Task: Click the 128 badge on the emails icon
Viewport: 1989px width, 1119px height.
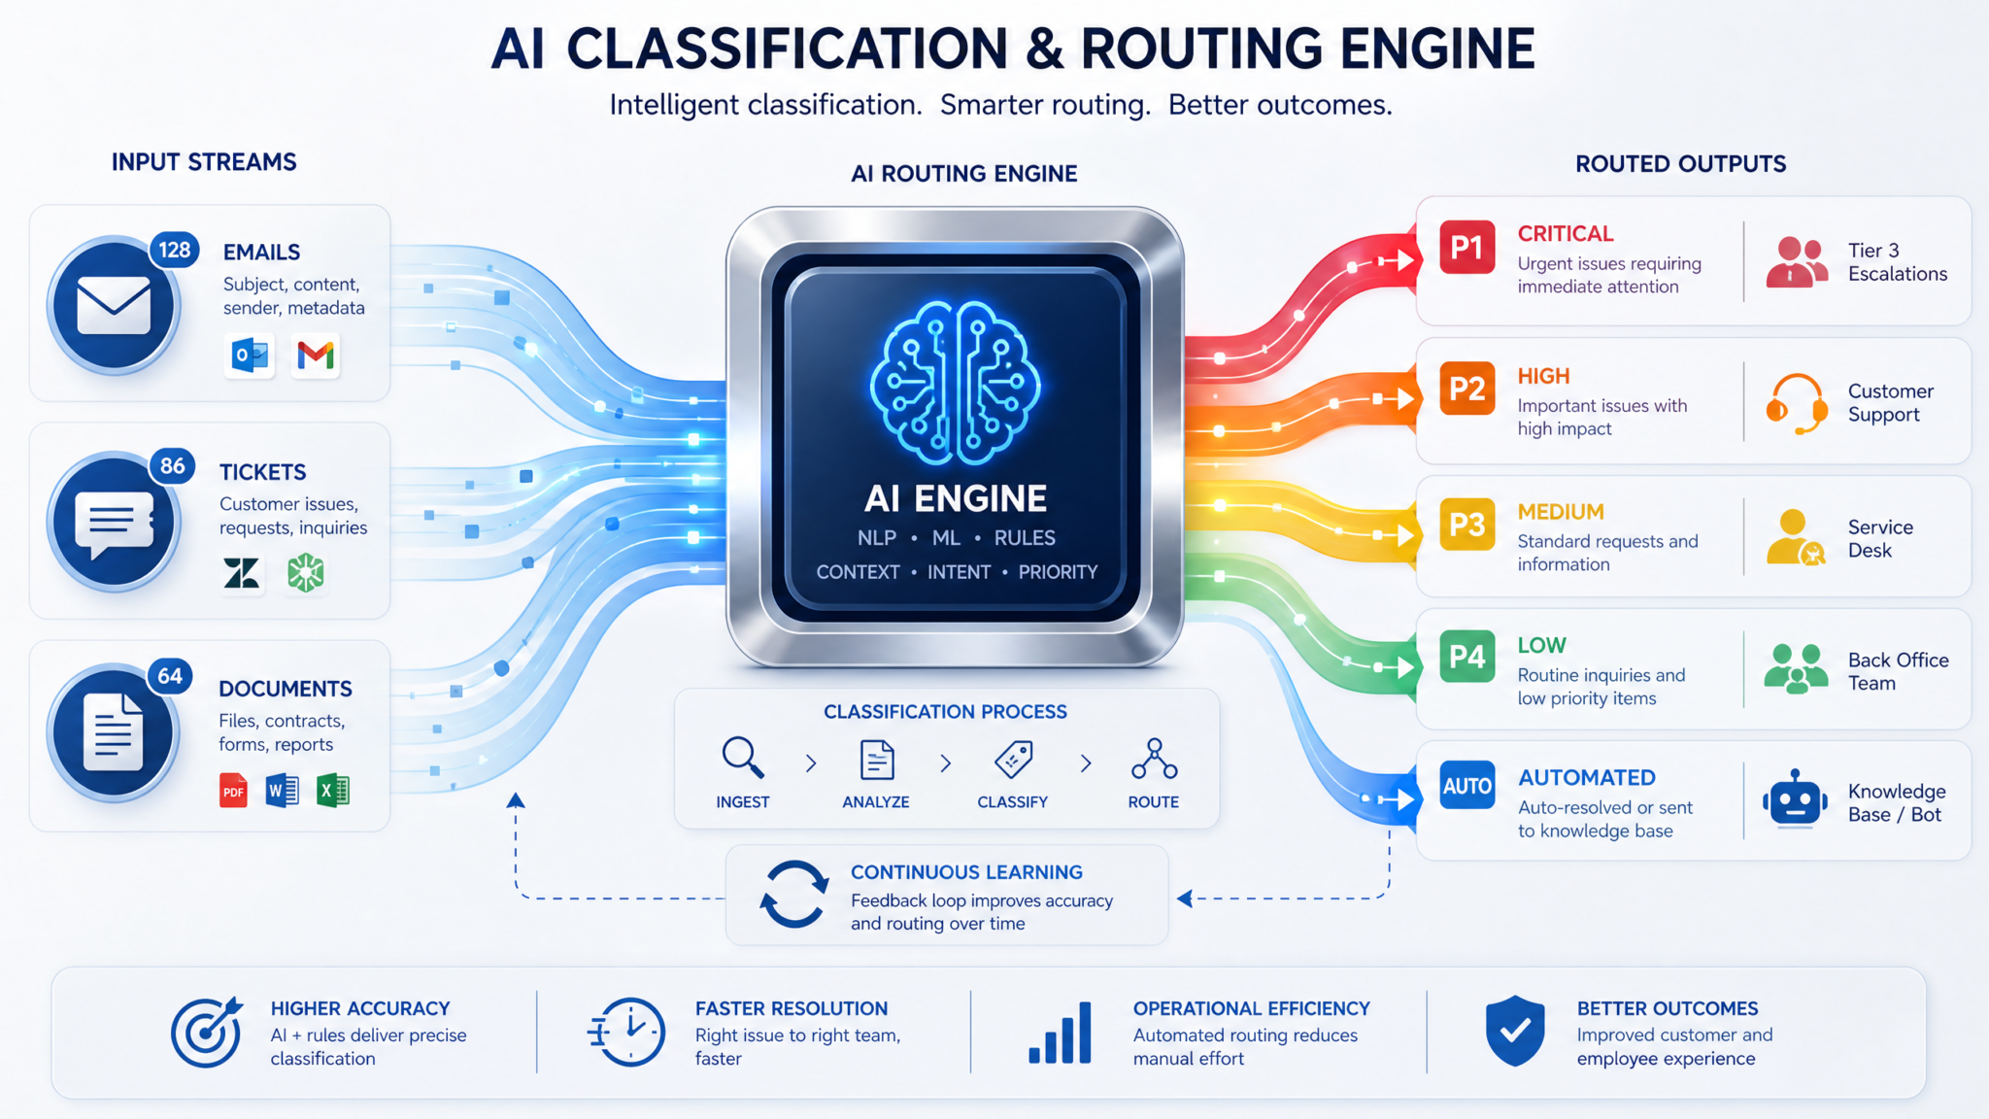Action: [175, 250]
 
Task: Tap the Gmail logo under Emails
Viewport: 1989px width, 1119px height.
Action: [316, 356]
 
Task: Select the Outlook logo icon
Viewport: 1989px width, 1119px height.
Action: [251, 356]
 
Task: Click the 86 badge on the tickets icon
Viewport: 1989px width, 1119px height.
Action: [173, 466]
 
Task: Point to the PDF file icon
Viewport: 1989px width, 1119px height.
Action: [233, 791]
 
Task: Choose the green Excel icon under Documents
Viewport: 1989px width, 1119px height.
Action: [333, 791]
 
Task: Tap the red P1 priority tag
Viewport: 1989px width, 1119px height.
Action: [1466, 248]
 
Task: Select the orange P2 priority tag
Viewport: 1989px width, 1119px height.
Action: [1466, 389]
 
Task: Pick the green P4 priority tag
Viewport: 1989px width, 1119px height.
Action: [1466, 657]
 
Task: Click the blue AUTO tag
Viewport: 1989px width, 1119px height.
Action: [1466, 786]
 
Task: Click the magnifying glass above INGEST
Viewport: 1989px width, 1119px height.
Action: [743, 758]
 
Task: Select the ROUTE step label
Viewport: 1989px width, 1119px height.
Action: [1154, 802]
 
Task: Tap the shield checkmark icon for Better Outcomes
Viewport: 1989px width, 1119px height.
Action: [1515, 1031]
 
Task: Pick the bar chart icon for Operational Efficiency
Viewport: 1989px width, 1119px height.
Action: [1060, 1033]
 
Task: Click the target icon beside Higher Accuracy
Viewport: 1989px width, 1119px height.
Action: [206, 1033]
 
